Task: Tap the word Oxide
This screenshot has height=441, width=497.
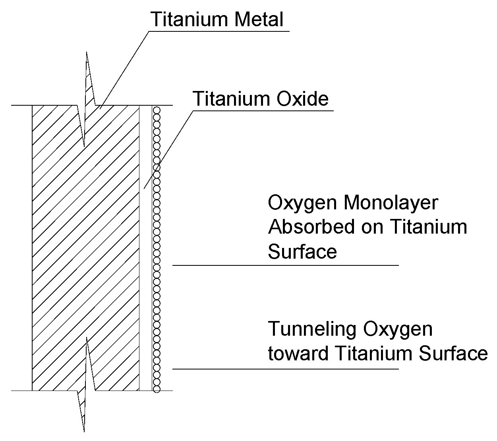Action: (x=302, y=99)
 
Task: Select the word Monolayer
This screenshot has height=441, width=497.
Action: (x=391, y=203)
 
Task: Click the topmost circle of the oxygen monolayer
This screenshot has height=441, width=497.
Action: (x=157, y=109)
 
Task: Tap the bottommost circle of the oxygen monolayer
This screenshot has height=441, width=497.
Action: (x=157, y=389)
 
